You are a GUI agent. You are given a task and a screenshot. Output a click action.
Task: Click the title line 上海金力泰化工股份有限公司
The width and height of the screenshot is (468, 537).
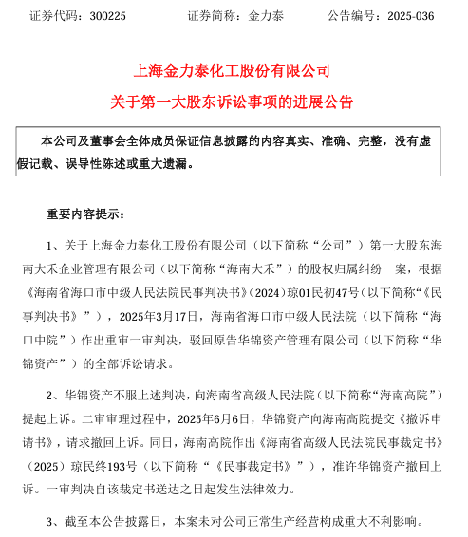(234, 70)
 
